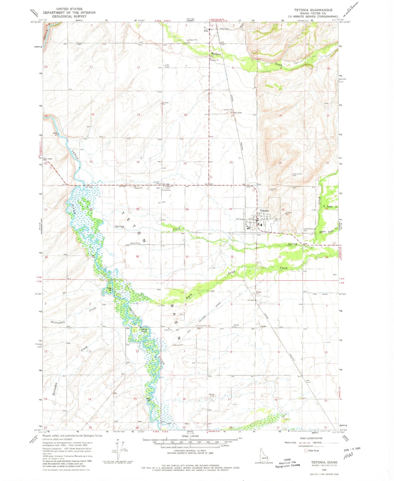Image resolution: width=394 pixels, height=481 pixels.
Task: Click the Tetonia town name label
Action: (264, 211)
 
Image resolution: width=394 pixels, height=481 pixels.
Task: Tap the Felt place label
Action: (206, 31)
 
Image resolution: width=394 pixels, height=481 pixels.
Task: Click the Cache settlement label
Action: (263, 327)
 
